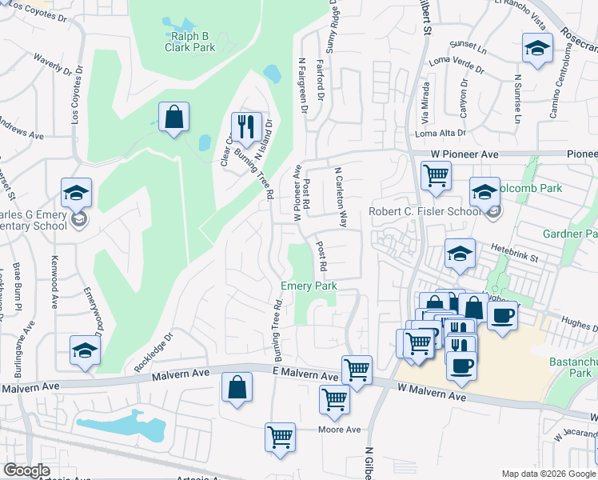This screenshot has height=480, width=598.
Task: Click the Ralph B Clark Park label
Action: (190, 42)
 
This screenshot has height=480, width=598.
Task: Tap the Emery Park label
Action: (308, 286)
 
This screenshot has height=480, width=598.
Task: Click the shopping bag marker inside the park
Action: (173, 118)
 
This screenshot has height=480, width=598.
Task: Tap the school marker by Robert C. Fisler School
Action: (484, 193)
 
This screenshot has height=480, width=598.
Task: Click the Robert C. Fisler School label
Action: (424, 212)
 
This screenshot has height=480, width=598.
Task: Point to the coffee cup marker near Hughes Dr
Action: (502, 316)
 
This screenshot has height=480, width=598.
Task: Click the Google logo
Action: (26, 470)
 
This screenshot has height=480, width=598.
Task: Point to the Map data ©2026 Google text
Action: (548, 474)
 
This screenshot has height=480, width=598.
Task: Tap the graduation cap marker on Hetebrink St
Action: (460, 255)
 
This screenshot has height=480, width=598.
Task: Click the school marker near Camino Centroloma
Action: (537, 49)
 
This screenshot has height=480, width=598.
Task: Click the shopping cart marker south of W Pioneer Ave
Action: (436, 175)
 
